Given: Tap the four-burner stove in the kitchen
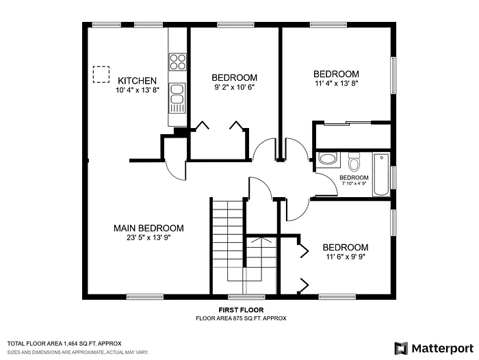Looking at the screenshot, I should point(178,62).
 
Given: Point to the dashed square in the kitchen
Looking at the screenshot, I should point(101,74).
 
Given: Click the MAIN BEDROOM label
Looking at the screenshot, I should point(148,228).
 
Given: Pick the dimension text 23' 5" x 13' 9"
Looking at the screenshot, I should point(148,237).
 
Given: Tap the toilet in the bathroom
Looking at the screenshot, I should point(354,164).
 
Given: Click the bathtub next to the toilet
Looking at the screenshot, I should point(380,176).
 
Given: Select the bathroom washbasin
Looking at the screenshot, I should point(328,160).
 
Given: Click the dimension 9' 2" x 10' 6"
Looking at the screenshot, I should point(234,87).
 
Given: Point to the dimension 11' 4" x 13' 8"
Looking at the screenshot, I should point(335,83).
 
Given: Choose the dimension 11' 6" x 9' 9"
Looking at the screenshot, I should point(345,257).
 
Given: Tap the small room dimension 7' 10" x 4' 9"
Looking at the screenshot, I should point(354,183).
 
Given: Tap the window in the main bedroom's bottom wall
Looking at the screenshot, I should point(140,297).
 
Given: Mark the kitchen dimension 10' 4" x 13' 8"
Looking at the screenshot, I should point(137,90).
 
